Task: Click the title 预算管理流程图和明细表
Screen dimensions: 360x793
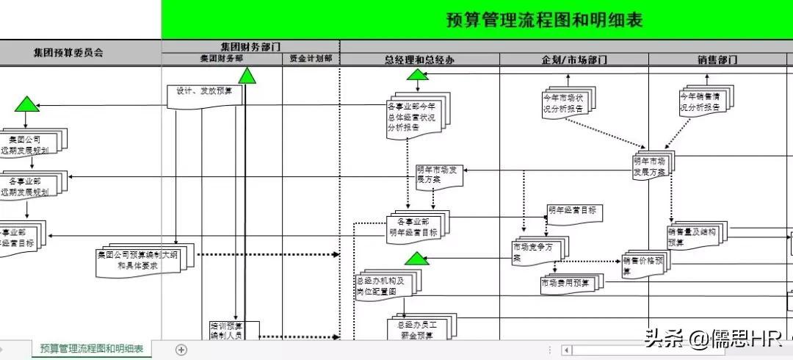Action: point(544,20)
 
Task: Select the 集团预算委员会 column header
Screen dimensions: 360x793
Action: point(68,53)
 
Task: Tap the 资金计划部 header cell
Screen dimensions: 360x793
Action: point(311,59)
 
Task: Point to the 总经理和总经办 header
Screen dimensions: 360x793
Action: point(419,60)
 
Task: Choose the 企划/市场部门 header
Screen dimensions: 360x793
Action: point(574,60)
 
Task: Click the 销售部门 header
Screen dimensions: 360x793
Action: point(717,60)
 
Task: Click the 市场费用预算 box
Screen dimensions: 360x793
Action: point(568,283)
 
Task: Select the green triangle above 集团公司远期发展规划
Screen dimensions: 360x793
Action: point(26,104)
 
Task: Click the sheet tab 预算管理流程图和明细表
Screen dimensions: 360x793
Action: point(91,348)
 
